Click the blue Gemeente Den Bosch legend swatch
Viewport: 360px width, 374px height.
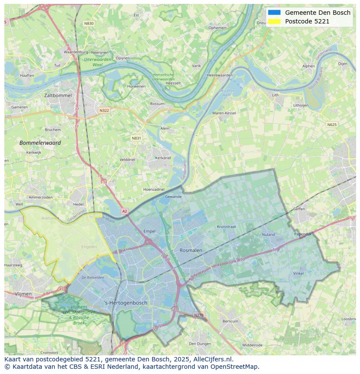pos(274,13)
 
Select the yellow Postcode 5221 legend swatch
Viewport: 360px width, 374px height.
pos(274,21)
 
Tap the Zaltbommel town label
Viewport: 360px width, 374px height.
pos(58,95)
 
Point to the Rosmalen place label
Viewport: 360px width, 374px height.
pos(191,251)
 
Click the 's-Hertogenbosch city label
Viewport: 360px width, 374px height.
pos(126,303)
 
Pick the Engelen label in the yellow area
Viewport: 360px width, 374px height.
pos(89,247)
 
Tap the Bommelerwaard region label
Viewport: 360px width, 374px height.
pos(40,142)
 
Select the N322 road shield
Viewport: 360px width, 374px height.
pos(104,110)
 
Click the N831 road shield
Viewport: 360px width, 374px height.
pos(137,138)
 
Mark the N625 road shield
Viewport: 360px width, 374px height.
pos(332,125)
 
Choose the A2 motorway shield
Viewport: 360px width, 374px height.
pos(125,211)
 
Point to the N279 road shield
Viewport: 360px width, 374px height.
pos(198,315)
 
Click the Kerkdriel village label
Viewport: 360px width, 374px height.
pos(163,158)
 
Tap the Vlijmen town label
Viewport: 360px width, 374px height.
pos(23,294)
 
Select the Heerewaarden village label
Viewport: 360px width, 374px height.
pos(220,75)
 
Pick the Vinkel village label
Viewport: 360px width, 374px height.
pos(298,274)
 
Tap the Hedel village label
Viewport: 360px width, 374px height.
pos(78,204)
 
